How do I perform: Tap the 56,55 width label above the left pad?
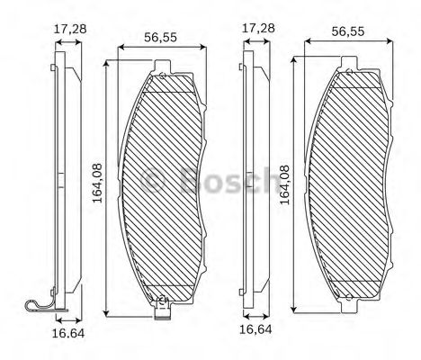[x=162, y=37]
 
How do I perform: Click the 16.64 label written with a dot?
[x=62, y=334]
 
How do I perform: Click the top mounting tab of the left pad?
[x=162, y=65]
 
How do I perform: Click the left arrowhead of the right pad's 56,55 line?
[x=307, y=40]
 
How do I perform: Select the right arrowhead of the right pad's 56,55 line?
[x=388, y=40]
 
